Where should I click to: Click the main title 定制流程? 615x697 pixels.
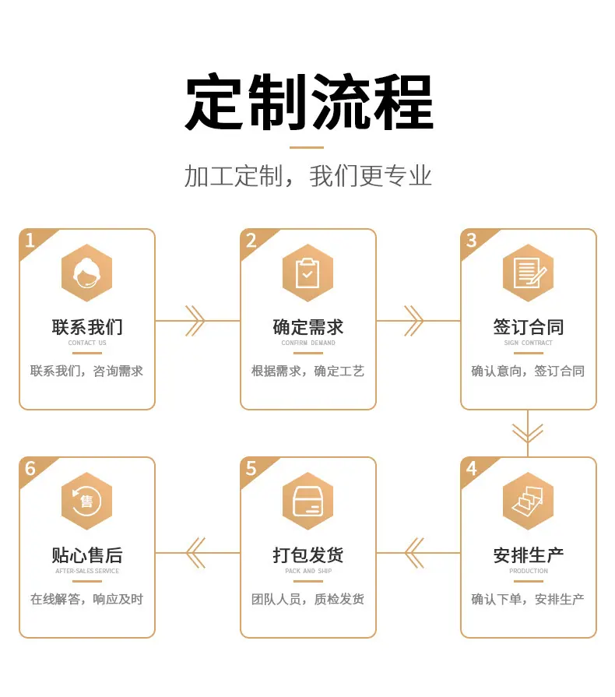point(309,102)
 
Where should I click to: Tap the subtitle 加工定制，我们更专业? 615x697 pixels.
point(308,176)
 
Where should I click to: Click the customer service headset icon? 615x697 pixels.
point(86,273)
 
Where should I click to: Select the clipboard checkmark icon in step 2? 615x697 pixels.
point(307,273)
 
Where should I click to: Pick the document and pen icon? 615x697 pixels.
point(528,273)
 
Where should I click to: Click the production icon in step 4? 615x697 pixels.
point(528,501)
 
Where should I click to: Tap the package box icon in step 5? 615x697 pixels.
point(307,501)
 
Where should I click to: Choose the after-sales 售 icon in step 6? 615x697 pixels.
point(86,501)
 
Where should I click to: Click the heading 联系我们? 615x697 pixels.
point(87,327)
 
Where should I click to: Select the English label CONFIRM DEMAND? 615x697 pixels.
point(308,343)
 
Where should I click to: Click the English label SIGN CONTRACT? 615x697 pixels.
point(529,343)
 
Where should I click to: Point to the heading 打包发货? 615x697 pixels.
point(308,555)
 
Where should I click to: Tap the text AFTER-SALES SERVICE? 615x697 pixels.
point(87,571)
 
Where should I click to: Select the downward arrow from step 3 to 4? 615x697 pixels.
point(528,434)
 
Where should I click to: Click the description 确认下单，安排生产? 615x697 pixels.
point(528,599)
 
